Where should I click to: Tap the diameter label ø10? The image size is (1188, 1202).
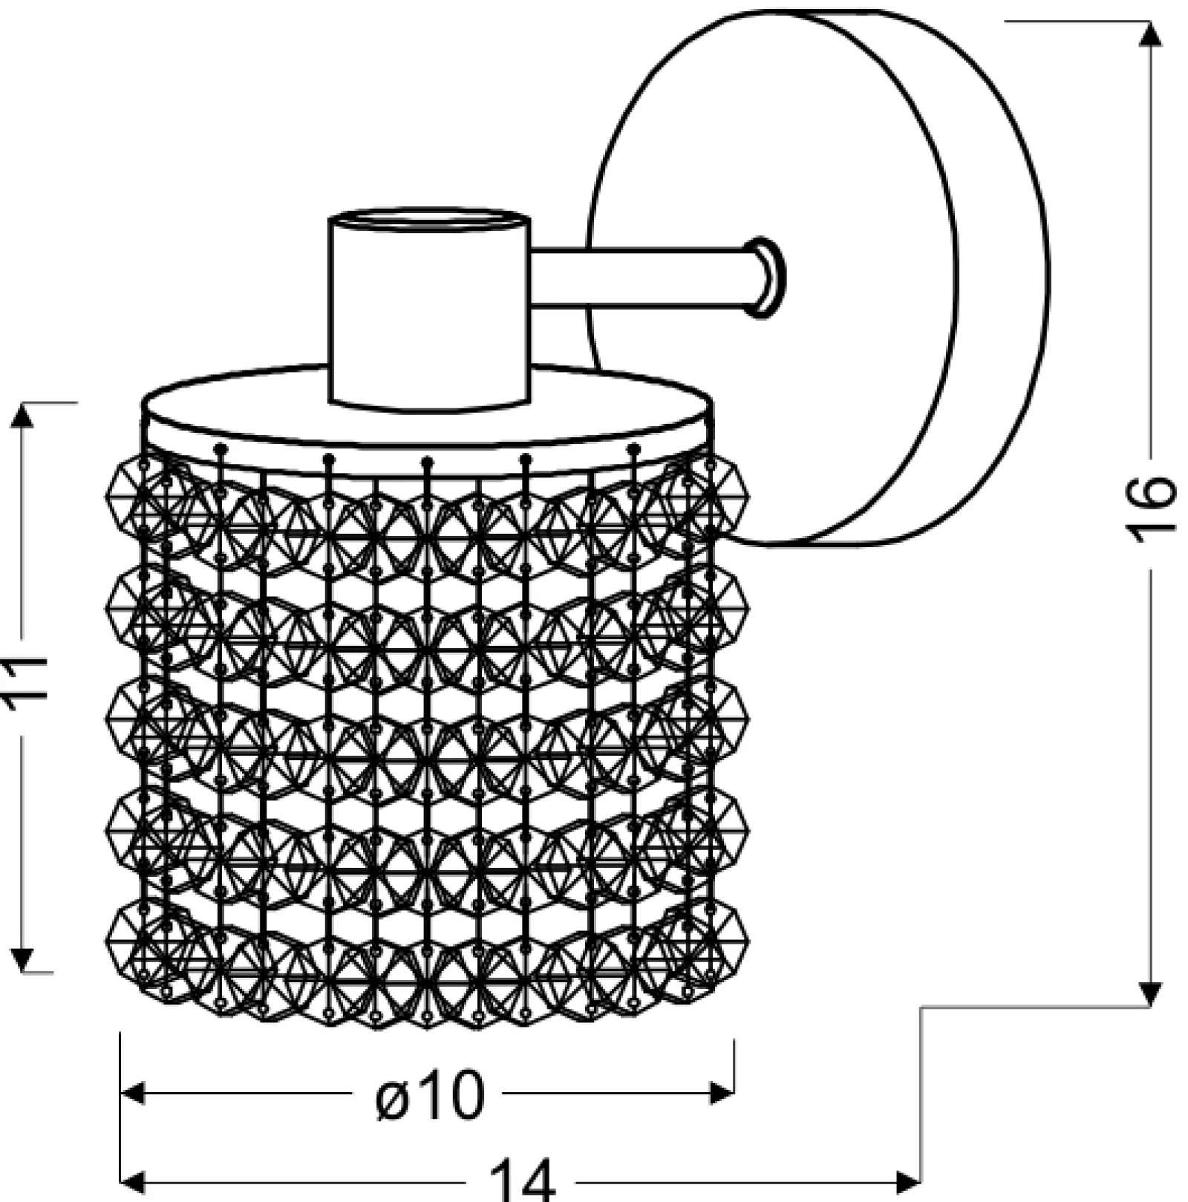[x=429, y=1095]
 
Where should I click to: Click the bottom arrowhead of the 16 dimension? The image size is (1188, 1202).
[x=1150, y=994]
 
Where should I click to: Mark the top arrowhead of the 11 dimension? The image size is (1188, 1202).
[x=23, y=417]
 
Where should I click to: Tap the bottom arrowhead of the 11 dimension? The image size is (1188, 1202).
[x=23, y=958]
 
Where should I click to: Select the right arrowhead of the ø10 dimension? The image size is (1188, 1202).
[x=721, y=1094]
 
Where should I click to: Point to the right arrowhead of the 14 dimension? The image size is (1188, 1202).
[x=907, y=1180]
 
